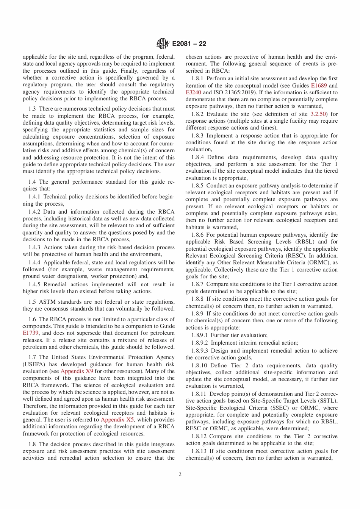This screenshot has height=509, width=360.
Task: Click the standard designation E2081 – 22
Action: (189, 44)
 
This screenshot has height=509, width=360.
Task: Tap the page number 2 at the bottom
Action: (180, 475)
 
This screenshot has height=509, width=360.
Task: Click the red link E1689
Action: (319, 86)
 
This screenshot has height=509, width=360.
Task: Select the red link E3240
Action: (193, 92)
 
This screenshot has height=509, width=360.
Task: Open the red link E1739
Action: (30, 333)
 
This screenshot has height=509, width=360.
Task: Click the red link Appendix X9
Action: (77, 371)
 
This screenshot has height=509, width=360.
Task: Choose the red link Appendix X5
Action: (117, 420)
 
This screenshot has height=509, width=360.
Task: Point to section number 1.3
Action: (32, 109)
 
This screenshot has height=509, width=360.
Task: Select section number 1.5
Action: (32, 302)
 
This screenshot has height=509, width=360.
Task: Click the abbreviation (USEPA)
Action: (34, 364)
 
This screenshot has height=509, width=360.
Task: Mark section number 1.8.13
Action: (199, 451)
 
